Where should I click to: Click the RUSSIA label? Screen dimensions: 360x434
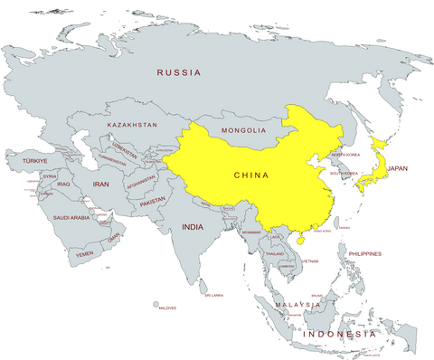[x=179, y=72]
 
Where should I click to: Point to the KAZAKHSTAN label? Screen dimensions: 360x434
[x=132, y=124]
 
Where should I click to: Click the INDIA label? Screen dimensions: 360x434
[x=192, y=227]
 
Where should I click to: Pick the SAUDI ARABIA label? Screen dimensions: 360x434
[x=71, y=217]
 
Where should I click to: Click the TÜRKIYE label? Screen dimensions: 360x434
[x=35, y=161]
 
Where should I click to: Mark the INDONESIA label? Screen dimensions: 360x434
[x=340, y=334]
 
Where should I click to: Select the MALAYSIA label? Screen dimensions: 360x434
[x=299, y=306]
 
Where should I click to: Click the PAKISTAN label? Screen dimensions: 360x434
[x=153, y=200]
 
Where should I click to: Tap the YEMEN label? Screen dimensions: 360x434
[x=84, y=254]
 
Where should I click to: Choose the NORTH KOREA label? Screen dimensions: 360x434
[x=345, y=155]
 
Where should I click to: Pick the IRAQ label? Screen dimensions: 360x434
[x=63, y=184]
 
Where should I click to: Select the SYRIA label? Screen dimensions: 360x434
[x=50, y=176]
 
